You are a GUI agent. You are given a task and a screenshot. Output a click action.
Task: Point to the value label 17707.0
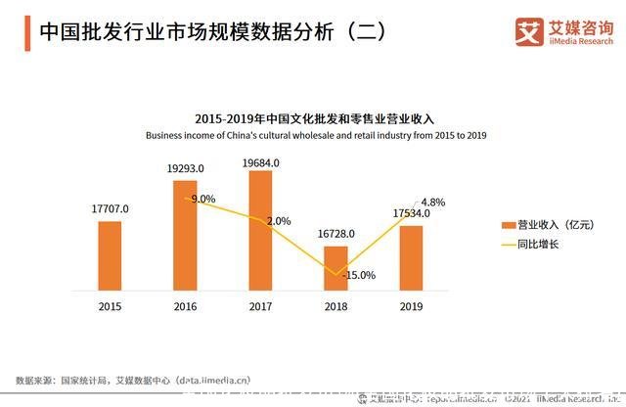[110, 208]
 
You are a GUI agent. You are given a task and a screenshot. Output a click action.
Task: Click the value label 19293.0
[185, 167]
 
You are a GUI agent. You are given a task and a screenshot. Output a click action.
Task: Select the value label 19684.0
[260, 162]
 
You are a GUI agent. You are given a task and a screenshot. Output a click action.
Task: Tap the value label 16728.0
[335, 234]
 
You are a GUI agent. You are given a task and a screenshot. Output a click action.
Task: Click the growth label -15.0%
[359, 275]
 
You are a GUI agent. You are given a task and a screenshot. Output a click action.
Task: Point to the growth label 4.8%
[432, 203]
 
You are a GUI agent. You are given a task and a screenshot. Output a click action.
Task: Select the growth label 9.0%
[202, 199]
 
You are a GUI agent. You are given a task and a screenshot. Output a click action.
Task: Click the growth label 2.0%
[278, 221]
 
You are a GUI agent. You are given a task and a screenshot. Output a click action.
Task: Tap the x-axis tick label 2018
[335, 306]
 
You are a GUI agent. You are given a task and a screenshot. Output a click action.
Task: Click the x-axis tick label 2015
[110, 306]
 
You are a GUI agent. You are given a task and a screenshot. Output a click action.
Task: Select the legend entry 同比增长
[531, 244]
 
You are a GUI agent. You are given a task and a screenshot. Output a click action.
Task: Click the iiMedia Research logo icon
[529, 31]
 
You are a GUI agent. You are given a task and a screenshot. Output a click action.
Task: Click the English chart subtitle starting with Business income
[313, 134]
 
